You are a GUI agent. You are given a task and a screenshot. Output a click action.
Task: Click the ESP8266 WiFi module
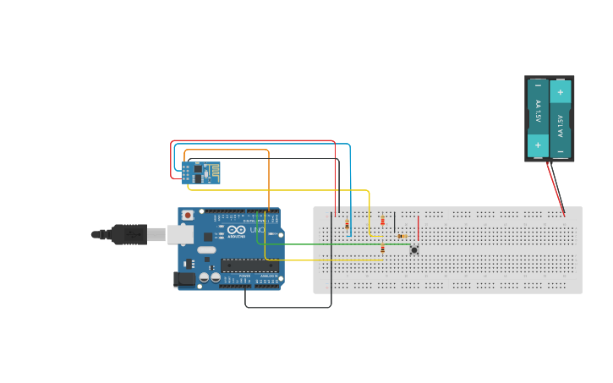(x=200, y=172)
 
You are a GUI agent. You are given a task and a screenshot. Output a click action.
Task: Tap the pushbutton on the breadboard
(x=414, y=249)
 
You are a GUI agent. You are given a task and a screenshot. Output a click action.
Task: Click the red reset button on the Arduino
(x=187, y=216)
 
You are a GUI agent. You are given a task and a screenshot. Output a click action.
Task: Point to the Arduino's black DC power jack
(x=183, y=279)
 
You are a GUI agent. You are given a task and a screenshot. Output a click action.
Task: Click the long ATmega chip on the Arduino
(x=249, y=265)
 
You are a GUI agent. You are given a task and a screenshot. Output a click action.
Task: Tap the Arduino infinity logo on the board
(x=237, y=230)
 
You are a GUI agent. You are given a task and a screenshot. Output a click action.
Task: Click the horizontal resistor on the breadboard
(x=402, y=236)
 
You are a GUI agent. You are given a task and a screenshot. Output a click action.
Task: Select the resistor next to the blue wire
(x=348, y=224)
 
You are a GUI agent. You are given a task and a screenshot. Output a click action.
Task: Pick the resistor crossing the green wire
(x=383, y=249)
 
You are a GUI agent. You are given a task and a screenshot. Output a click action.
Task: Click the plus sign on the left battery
(x=538, y=145)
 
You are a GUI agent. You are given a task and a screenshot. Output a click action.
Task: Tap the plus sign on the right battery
(x=560, y=91)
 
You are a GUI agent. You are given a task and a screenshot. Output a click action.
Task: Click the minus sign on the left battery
(x=538, y=85)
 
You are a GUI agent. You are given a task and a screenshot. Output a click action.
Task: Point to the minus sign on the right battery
(x=560, y=151)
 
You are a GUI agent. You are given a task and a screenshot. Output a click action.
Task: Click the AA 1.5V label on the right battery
(x=560, y=122)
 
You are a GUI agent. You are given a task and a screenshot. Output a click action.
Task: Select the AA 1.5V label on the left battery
(x=538, y=115)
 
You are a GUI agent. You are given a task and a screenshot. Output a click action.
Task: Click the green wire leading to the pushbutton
(x=338, y=244)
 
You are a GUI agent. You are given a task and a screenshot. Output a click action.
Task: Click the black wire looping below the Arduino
(x=287, y=307)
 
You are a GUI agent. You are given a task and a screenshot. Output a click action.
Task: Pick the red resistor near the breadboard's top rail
(x=382, y=222)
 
